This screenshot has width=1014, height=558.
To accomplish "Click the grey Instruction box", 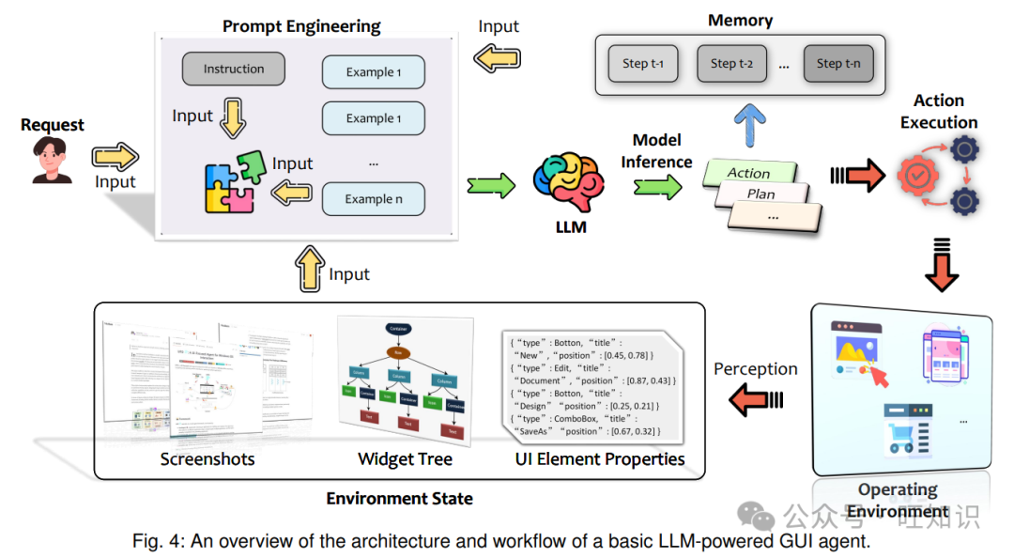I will click(234, 70).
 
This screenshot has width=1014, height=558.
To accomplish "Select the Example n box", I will click(374, 199).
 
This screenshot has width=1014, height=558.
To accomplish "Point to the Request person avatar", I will click(52, 160).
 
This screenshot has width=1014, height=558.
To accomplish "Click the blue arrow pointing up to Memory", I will click(747, 124).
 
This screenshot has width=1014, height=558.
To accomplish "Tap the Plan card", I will click(761, 194).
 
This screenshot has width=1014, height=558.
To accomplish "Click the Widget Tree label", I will click(405, 459).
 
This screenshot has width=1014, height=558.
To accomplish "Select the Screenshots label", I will click(207, 459).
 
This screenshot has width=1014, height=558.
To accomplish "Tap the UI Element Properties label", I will click(600, 459).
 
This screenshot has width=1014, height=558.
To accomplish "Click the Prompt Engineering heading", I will click(301, 25).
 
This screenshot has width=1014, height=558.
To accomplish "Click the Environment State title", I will click(399, 499).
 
